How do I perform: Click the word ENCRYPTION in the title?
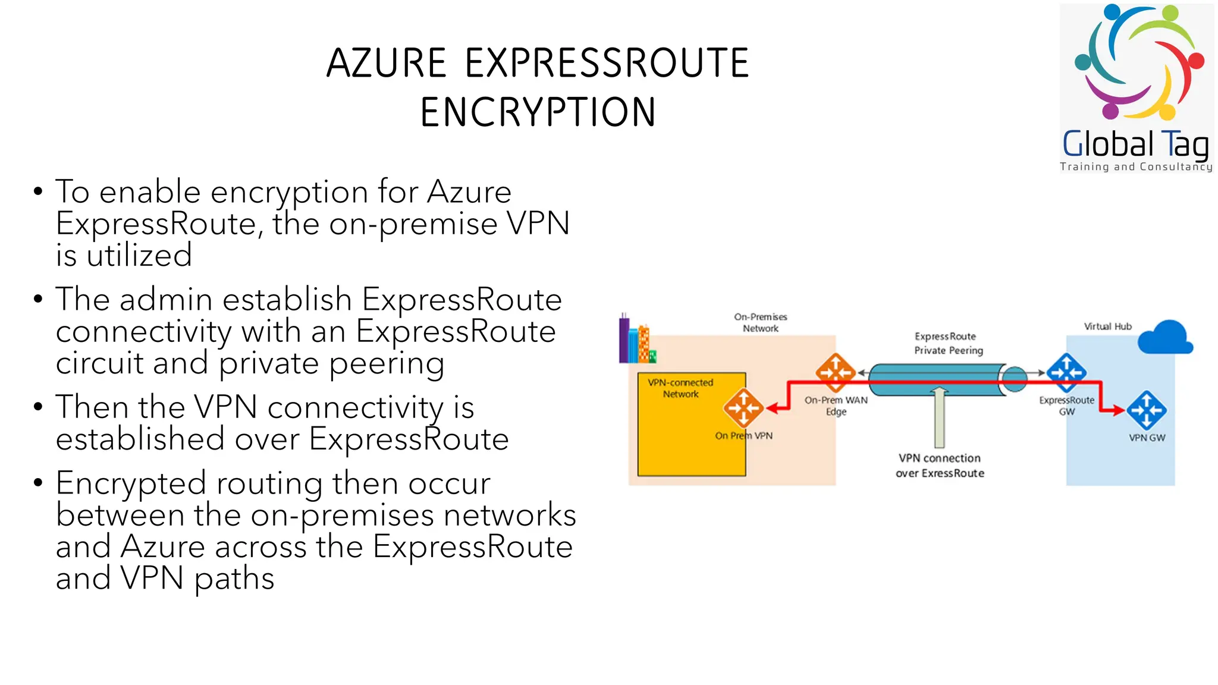point(538,112)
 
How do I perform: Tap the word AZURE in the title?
point(387,63)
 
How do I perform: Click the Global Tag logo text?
point(1135,144)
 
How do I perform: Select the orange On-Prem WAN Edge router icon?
point(835,373)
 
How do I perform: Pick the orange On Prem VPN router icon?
point(743,408)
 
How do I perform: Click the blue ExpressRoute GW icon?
point(1066,373)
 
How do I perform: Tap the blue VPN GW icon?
point(1146,410)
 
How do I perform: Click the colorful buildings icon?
point(636,340)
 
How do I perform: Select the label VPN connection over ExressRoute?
point(940,466)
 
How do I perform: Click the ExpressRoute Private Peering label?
point(948,344)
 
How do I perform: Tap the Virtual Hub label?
point(1107,326)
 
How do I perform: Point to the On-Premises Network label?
point(760,322)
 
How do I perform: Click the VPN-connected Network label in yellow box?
point(680,388)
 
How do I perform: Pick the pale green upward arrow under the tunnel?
point(939,416)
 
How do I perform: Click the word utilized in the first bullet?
point(139,256)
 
